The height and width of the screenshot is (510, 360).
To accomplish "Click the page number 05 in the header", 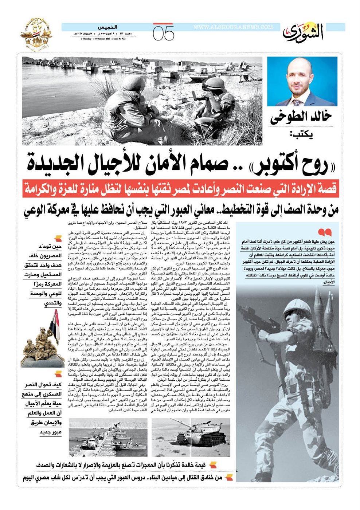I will tap(163, 34).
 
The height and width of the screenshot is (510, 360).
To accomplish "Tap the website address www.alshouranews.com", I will tap(233, 27).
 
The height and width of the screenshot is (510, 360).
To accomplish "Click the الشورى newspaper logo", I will tap(303, 32).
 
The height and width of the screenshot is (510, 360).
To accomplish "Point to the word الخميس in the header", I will tap(107, 27).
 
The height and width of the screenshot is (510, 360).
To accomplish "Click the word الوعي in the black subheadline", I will tap(36, 211).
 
